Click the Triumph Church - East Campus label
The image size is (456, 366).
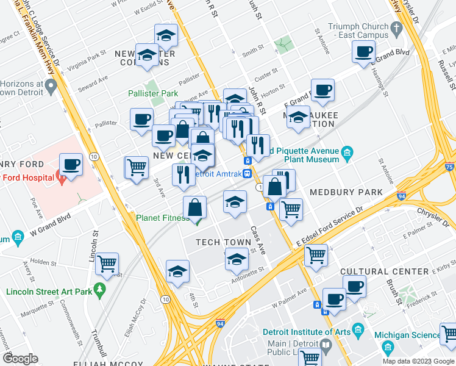358,31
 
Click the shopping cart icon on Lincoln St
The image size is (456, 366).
107,264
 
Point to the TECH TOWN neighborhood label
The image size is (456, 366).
223,242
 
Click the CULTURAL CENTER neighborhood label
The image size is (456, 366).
376,271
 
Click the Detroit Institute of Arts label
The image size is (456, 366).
307,332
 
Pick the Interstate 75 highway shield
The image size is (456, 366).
450,167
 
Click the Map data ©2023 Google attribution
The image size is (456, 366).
418,361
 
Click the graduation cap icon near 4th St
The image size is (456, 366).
177,271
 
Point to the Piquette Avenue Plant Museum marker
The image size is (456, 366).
347,151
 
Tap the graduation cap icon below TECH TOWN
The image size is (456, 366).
237,260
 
